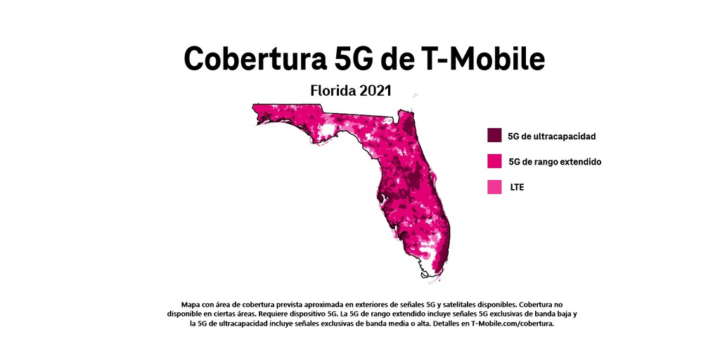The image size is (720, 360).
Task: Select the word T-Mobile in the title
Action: pyautogui.click(x=486, y=59)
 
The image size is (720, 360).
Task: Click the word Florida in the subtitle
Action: pyautogui.click(x=334, y=91)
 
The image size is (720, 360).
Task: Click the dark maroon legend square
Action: pyautogui.click(x=494, y=135)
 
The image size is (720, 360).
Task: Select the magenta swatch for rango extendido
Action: pyautogui.click(x=494, y=161)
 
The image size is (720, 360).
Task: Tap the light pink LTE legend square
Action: pyautogui.click(x=494, y=187)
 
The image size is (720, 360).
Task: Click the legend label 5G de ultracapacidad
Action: pyautogui.click(x=552, y=136)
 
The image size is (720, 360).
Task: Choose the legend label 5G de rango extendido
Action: pyautogui.click(x=555, y=162)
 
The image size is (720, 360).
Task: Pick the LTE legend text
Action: pyautogui.click(x=517, y=188)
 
